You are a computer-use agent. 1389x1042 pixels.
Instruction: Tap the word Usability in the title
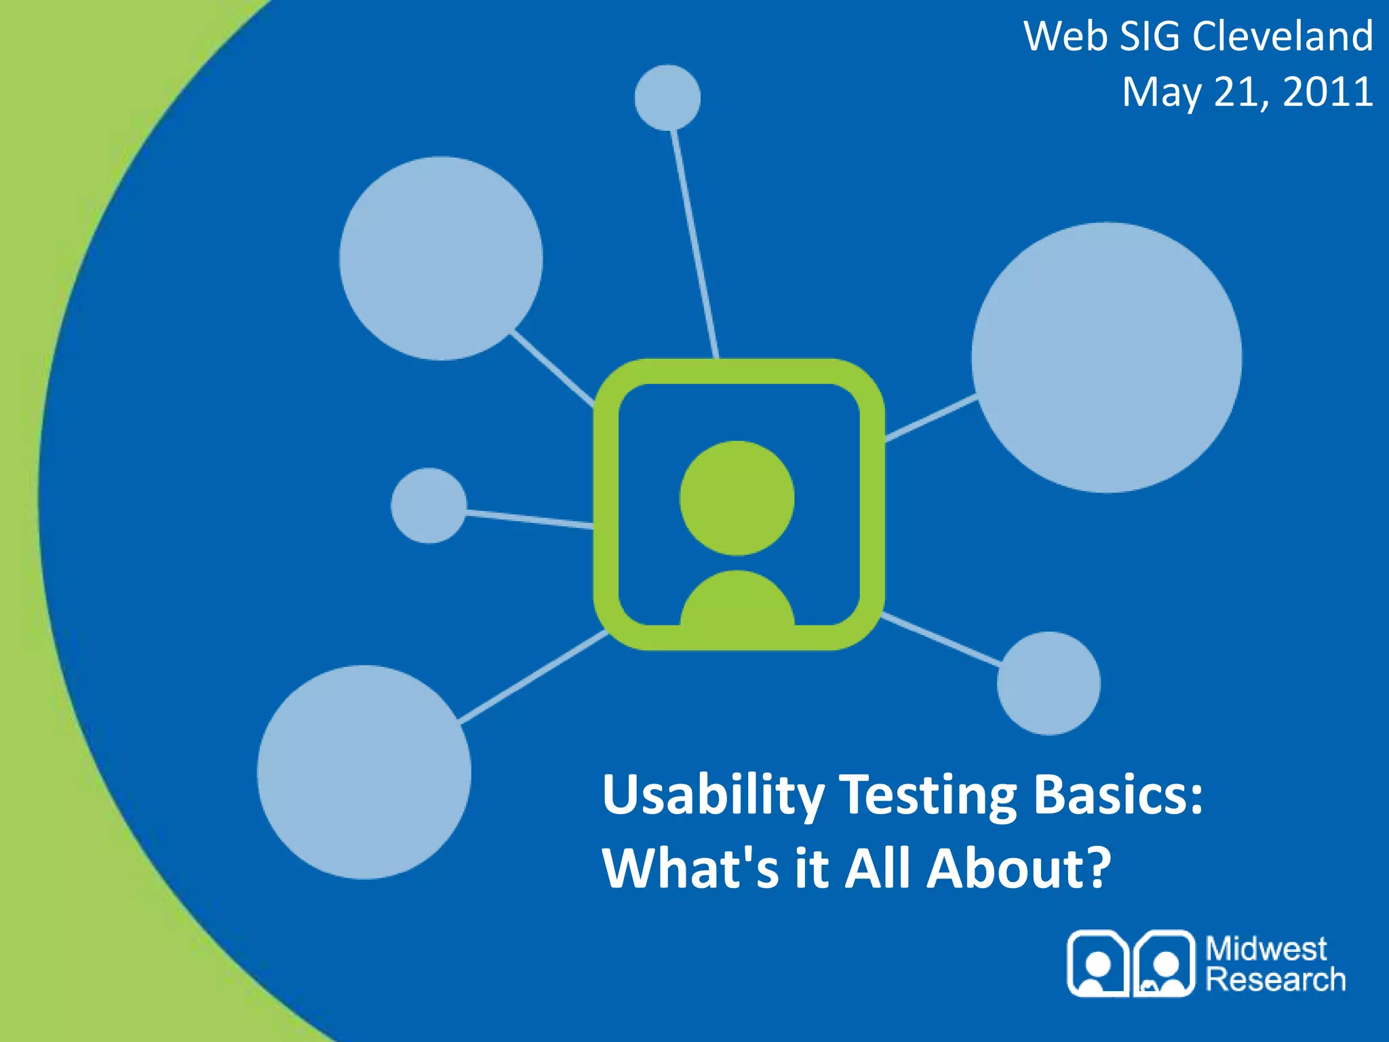pos(713,795)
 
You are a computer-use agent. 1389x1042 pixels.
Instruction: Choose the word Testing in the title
pos(928,795)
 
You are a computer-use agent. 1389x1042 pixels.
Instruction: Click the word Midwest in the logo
pos(1266,948)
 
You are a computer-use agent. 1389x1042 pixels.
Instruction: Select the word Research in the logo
pos(1275,980)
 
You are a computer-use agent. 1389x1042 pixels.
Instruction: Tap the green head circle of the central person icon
pos(737,498)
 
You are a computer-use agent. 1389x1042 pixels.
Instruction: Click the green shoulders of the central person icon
pos(737,600)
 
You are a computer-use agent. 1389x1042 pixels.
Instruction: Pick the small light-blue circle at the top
pos(667,98)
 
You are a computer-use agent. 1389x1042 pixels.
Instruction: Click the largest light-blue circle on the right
pos(1106,358)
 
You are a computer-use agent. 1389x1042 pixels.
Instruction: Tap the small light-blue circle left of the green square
pos(429,505)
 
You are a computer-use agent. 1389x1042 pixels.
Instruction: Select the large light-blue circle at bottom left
pos(364,772)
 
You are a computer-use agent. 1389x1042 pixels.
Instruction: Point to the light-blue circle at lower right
pos(1049,683)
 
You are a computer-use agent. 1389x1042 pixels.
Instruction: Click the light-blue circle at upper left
pos(441,258)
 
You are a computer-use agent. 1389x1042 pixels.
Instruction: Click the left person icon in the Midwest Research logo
pos(1098,964)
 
